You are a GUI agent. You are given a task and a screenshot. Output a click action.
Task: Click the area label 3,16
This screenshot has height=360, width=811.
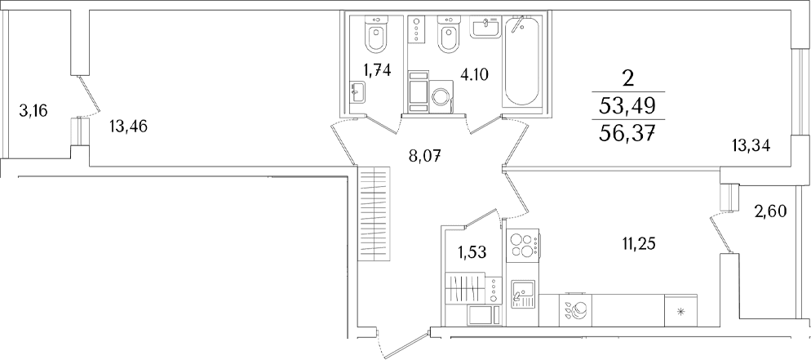[33, 110]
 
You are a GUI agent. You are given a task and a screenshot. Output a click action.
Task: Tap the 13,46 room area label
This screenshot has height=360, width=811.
[128, 127]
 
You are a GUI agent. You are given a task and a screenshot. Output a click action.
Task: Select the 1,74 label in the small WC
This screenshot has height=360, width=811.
[376, 71]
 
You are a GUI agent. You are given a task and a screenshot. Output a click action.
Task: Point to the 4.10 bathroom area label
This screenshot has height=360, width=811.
[474, 75]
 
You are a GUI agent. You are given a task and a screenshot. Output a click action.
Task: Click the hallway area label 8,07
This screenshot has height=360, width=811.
[428, 155]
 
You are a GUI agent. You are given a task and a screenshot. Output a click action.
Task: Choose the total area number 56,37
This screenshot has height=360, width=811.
[627, 136]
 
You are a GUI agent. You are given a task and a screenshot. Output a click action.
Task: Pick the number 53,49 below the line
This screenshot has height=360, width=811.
[627, 108]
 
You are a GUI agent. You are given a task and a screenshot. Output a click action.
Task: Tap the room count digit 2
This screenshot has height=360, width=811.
[628, 79]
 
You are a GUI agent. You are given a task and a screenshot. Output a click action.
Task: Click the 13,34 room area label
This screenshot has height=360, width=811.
[751, 147]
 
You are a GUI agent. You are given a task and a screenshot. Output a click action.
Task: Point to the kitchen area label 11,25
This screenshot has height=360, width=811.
[636, 243]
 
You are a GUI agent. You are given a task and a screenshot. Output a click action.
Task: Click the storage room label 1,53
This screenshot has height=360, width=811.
[472, 252]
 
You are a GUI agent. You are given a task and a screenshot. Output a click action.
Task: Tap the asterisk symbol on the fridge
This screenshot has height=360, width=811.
[680, 311]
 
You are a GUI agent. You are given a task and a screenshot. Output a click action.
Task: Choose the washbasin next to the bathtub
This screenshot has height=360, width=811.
[485, 26]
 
